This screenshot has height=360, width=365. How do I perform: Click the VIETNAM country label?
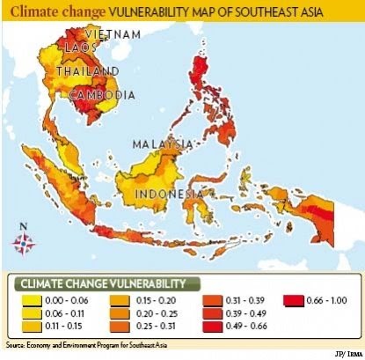pos(109,33)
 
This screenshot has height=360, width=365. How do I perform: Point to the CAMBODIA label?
pos(101,94)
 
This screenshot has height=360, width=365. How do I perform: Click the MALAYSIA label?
pos(163,143)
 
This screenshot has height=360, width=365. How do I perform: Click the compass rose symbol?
pos(23,243)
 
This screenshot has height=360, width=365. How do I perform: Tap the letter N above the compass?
pos(23,226)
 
